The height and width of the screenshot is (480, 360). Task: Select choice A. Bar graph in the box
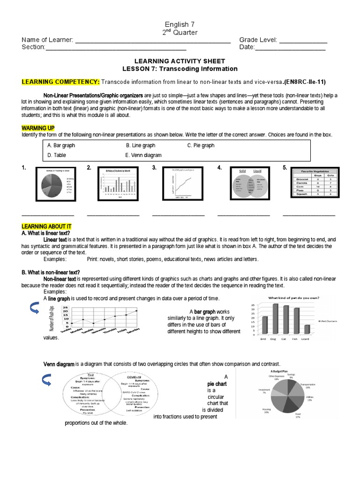pyautogui.click(x=61, y=145)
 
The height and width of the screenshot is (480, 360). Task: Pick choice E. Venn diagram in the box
pyautogui.click(x=143, y=155)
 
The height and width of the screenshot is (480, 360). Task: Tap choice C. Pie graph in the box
pyautogui.click(x=201, y=145)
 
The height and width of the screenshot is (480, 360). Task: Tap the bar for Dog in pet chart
pyautogui.click(x=275, y=318)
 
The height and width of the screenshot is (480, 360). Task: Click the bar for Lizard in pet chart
pyautogui.click(x=307, y=329)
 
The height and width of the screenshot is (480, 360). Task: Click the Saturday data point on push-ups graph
pyautogui.click(x=136, y=310)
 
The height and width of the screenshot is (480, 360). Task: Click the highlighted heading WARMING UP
pyautogui.click(x=38, y=128)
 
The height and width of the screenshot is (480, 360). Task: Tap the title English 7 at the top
pyautogui.click(x=180, y=24)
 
